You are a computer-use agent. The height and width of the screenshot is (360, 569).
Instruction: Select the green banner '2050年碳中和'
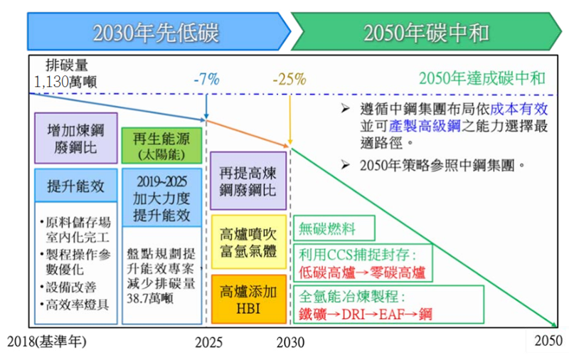click(426, 32)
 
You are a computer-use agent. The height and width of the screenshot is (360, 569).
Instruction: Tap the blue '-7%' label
click(206, 79)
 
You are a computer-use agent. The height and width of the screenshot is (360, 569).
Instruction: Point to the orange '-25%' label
click(289, 79)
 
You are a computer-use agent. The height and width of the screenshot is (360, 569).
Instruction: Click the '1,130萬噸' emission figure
click(65, 82)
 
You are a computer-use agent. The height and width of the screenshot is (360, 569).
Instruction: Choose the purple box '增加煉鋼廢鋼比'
click(76, 138)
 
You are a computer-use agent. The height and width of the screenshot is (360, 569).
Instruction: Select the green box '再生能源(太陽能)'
click(162, 146)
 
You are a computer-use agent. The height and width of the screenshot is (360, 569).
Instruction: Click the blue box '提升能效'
click(76, 186)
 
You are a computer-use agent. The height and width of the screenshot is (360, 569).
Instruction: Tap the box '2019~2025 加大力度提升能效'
click(162, 198)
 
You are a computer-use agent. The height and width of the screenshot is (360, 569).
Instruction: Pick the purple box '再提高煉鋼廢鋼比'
click(248, 181)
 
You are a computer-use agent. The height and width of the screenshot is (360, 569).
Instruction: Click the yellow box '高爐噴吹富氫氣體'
click(249, 242)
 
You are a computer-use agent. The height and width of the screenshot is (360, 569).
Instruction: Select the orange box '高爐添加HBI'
click(249, 300)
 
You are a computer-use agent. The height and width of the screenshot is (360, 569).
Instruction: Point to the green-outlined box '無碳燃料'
click(334, 228)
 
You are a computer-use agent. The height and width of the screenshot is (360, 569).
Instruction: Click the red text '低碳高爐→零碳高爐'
click(362, 273)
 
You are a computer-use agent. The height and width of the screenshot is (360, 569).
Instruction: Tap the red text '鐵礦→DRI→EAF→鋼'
click(366, 314)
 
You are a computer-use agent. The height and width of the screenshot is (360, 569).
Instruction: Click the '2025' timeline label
click(208, 343)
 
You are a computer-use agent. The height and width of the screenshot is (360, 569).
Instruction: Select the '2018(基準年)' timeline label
click(47, 342)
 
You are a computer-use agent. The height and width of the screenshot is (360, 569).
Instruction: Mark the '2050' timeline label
click(548, 341)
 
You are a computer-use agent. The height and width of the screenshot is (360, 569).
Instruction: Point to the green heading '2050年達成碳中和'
click(482, 78)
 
